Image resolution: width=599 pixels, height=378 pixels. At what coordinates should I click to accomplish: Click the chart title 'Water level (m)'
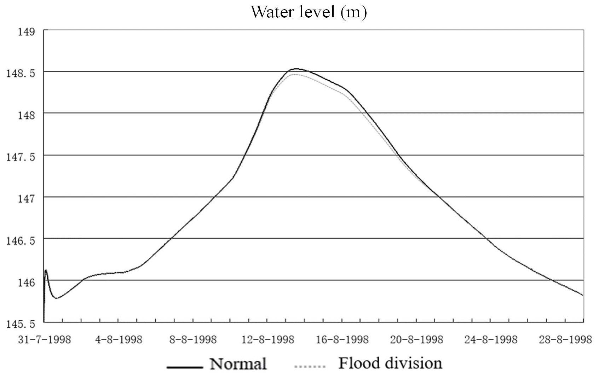click(309, 12)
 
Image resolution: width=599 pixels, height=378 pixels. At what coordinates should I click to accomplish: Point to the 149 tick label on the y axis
click(27, 32)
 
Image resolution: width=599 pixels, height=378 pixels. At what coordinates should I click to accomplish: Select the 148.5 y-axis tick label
click(21, 74)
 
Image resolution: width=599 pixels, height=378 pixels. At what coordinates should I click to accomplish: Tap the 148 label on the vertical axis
click(27, 115)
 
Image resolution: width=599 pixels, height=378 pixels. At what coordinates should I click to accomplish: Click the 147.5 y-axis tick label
click(21, 157)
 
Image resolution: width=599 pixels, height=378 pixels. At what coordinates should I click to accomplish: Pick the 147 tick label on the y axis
click(27, 199)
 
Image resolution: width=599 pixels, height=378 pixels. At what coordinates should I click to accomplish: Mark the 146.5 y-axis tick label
click(21, 241)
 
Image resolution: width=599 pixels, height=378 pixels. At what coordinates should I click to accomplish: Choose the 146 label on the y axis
click(27, 282)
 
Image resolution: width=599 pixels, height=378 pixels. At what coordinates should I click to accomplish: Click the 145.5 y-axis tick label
click(21, 324)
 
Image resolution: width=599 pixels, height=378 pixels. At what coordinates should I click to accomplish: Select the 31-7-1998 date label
click(45, 340)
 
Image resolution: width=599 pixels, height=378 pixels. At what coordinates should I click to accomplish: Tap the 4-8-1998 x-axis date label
click(119, 340)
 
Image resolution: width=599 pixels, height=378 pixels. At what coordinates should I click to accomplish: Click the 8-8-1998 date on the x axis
click(193, 340)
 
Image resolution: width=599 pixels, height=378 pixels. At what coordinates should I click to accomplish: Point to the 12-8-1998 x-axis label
click(268, 340)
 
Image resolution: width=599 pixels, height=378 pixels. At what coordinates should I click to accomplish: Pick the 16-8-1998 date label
click(342, 340)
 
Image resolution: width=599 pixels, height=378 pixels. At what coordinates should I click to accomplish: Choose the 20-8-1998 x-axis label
click(416, 340)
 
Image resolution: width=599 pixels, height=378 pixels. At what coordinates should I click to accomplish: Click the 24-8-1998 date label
click(491, 340)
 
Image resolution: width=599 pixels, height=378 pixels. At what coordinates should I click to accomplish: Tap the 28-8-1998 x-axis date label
click(565, 340)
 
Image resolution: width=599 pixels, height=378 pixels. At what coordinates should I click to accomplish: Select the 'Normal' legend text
click(238, 364)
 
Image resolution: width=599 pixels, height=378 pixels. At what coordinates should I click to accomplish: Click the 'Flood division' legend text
click(390, 363)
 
